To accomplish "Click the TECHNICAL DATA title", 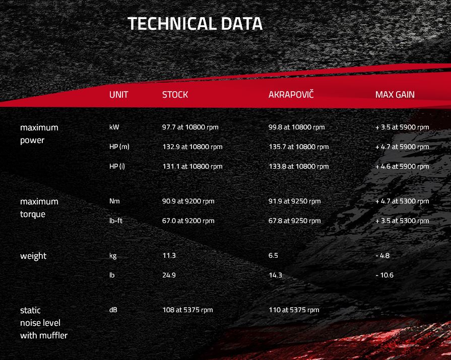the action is coord(195,23).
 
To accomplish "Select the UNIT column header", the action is coord(118,95).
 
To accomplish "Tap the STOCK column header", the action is coord(175,95).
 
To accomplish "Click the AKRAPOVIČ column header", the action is coord(291,94).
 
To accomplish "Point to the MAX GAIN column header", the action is coord(395,95).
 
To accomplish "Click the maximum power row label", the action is coord(39,134).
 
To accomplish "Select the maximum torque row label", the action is coord(39,208).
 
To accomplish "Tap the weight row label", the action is coord(33,256).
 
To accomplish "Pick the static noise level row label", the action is coord(44,323).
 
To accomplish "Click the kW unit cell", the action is coord(114,127).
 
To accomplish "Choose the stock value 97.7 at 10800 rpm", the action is coord(190,127).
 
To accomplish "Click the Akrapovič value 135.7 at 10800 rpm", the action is coord(298,147).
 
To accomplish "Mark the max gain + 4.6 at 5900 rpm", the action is coord(402,166).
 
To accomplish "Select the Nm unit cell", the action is coord(114,201).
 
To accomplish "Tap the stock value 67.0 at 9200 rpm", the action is coord(188,221).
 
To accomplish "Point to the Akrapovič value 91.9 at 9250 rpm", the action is coord(294,201).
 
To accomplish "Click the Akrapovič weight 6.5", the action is coord(273,255).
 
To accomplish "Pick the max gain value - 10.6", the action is coord(384,275).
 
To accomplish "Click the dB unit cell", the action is coord(113,310).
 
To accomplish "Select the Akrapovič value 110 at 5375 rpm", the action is coord(294,310).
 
